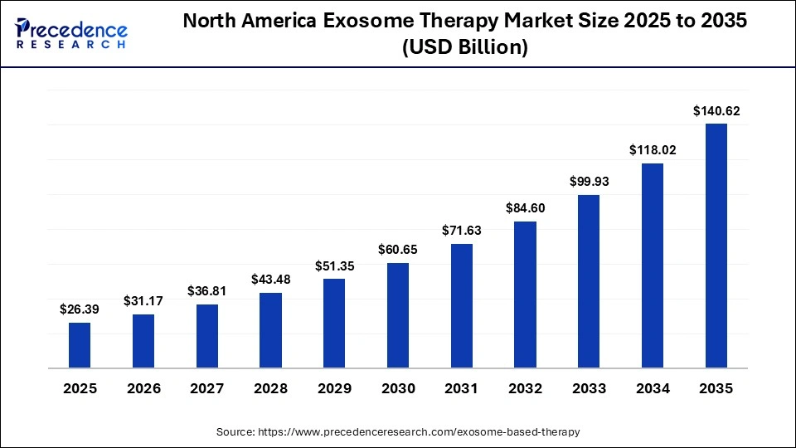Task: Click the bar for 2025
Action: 80,345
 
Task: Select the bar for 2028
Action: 270,330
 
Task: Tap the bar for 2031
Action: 461,306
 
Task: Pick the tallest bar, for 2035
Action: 716,246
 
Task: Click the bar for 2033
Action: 589,281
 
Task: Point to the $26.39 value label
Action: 80,309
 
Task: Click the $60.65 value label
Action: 398,250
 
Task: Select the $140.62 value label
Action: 716,110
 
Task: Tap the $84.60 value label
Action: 525,207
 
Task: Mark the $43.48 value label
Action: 270,280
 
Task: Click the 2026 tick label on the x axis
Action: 143,388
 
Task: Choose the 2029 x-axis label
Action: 334,388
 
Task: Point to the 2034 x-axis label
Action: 653,388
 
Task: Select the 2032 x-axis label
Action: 525,388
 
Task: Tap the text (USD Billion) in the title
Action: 464,48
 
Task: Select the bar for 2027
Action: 207,336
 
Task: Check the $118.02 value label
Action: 653,150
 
